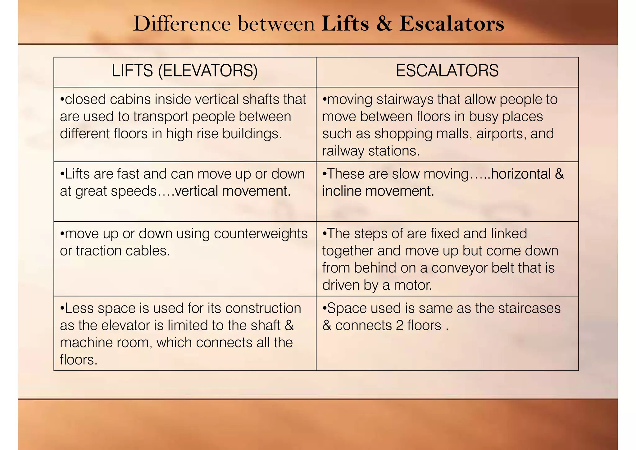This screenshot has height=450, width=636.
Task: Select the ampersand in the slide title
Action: pos(384,24)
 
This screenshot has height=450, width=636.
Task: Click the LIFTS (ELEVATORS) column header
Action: pos(184,71)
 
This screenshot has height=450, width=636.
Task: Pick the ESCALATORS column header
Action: pos(447,71)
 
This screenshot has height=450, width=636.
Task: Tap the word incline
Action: pos(342,191)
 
